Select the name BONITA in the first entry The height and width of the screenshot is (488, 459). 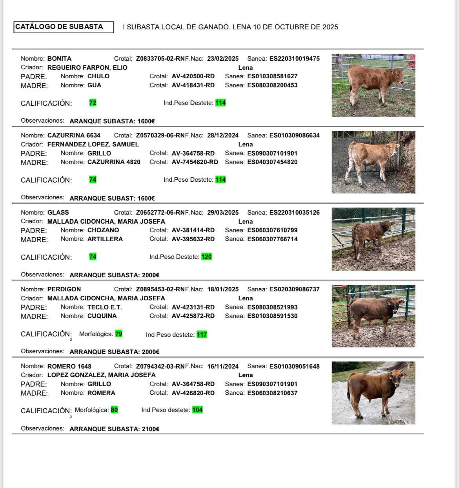coord(59,59)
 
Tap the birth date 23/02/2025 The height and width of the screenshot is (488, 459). coord(223,59)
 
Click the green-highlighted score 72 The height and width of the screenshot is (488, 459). coord(93,103)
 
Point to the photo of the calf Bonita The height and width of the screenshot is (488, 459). coord(373,85)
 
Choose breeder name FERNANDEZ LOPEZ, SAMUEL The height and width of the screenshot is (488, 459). coord(93,144)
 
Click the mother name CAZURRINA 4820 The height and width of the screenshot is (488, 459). coord(114,162)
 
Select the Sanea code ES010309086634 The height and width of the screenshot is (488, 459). coord(294,136)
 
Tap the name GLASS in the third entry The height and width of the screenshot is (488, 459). coord(58,213)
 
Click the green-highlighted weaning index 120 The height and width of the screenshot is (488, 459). coord(206,257)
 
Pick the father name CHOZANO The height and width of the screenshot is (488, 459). coord(103,230)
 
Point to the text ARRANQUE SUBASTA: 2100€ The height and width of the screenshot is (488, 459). coord(115,429)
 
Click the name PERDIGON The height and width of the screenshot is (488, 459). coord(64,289)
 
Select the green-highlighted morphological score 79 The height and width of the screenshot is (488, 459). coord(118,334)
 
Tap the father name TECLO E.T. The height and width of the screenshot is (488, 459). coord(104,307)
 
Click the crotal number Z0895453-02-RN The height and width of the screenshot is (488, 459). coord(160,289)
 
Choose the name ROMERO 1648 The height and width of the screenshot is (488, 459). coord(69,367)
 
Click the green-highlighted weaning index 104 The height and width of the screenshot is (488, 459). coord(197,410)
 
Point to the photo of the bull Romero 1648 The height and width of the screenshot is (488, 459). coord(373,393)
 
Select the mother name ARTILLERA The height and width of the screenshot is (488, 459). coord(105,239)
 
